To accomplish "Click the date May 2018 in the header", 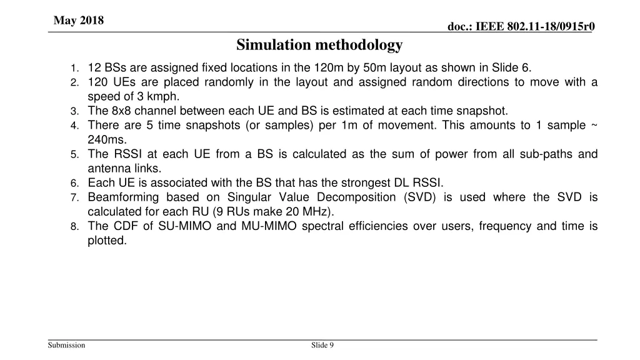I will tap(79, 21).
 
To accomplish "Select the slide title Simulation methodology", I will tap(319, 45).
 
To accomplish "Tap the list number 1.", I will tap(74, 68).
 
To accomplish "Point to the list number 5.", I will tap(74, 154).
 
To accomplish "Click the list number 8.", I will tap(74, 226).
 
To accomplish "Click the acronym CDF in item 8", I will tap(120, 226).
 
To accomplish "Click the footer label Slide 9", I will tap(322, 346).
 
